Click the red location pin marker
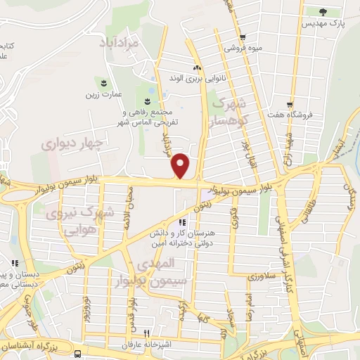[x=181, y=165]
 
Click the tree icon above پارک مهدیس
[x=323, y=11]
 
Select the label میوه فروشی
[x=241, y=49]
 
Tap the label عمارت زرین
[x=104, y=94]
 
